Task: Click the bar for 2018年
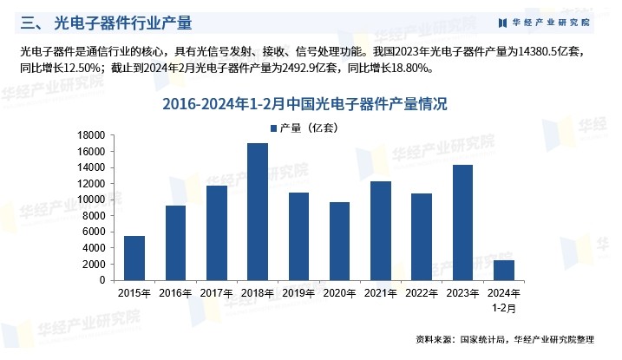click(x=258, y=212)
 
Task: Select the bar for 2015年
click(x=134, y=258)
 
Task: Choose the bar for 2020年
click(x=340, y=241)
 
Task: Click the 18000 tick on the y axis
click(x=91, y=135)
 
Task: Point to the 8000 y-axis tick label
click(x=94, y=216)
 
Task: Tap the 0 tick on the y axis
click(x=101, y=280)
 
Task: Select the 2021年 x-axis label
click(x=381, y=292)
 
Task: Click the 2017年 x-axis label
click(x=216, y=292)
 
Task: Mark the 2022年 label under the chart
click(x=422, y=292)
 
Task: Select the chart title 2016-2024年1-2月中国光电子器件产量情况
click(x=311, y=106)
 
